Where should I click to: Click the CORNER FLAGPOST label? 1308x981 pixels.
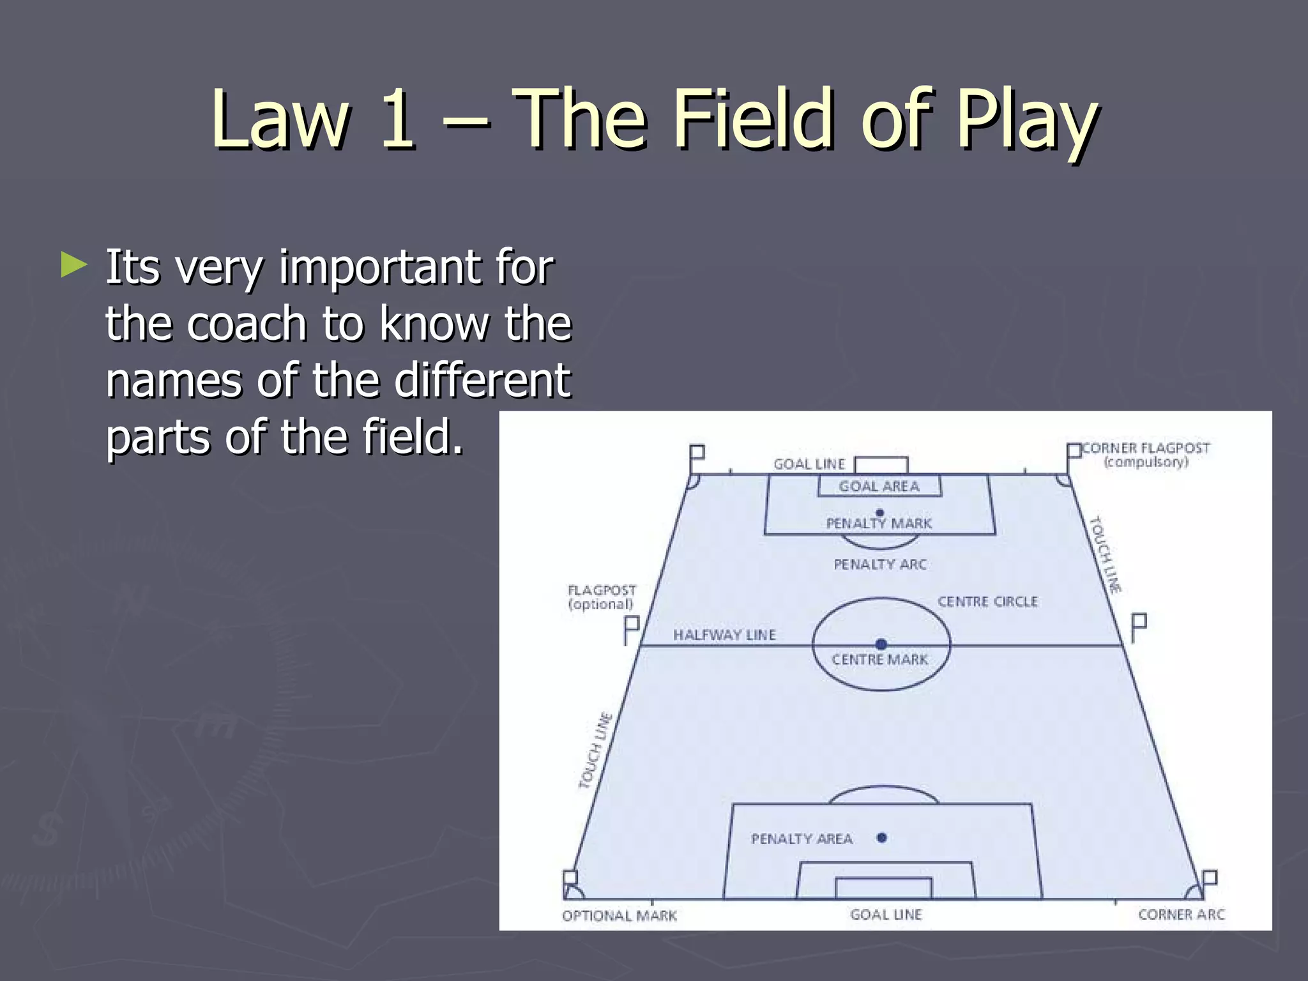[x=1146, y=448]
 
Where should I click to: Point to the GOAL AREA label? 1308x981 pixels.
[x=879, y=487]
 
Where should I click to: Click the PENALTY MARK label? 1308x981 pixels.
[x=879, y=524]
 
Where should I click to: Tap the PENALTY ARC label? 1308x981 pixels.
[x=879, y=565]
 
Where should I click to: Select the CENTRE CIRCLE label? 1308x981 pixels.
[x=987, y=602]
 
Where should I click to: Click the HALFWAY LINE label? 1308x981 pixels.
[x=724, y=635]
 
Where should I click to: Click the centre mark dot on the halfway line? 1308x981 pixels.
[x=881, y=644]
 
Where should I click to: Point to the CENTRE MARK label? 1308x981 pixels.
[x=879, y=660]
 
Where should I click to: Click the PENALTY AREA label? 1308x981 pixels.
[x=802, y=839]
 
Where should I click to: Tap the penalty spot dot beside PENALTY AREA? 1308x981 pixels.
[x=882, y=837]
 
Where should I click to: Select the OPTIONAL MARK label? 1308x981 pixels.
[x=619, y=916]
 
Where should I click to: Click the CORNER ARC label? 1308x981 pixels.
[x=1182, y=915]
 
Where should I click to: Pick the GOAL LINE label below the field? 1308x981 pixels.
[x=886, y=915]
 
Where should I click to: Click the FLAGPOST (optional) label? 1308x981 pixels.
[x=602, y=597]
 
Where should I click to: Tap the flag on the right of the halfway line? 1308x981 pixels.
[x=1139, y=627]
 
